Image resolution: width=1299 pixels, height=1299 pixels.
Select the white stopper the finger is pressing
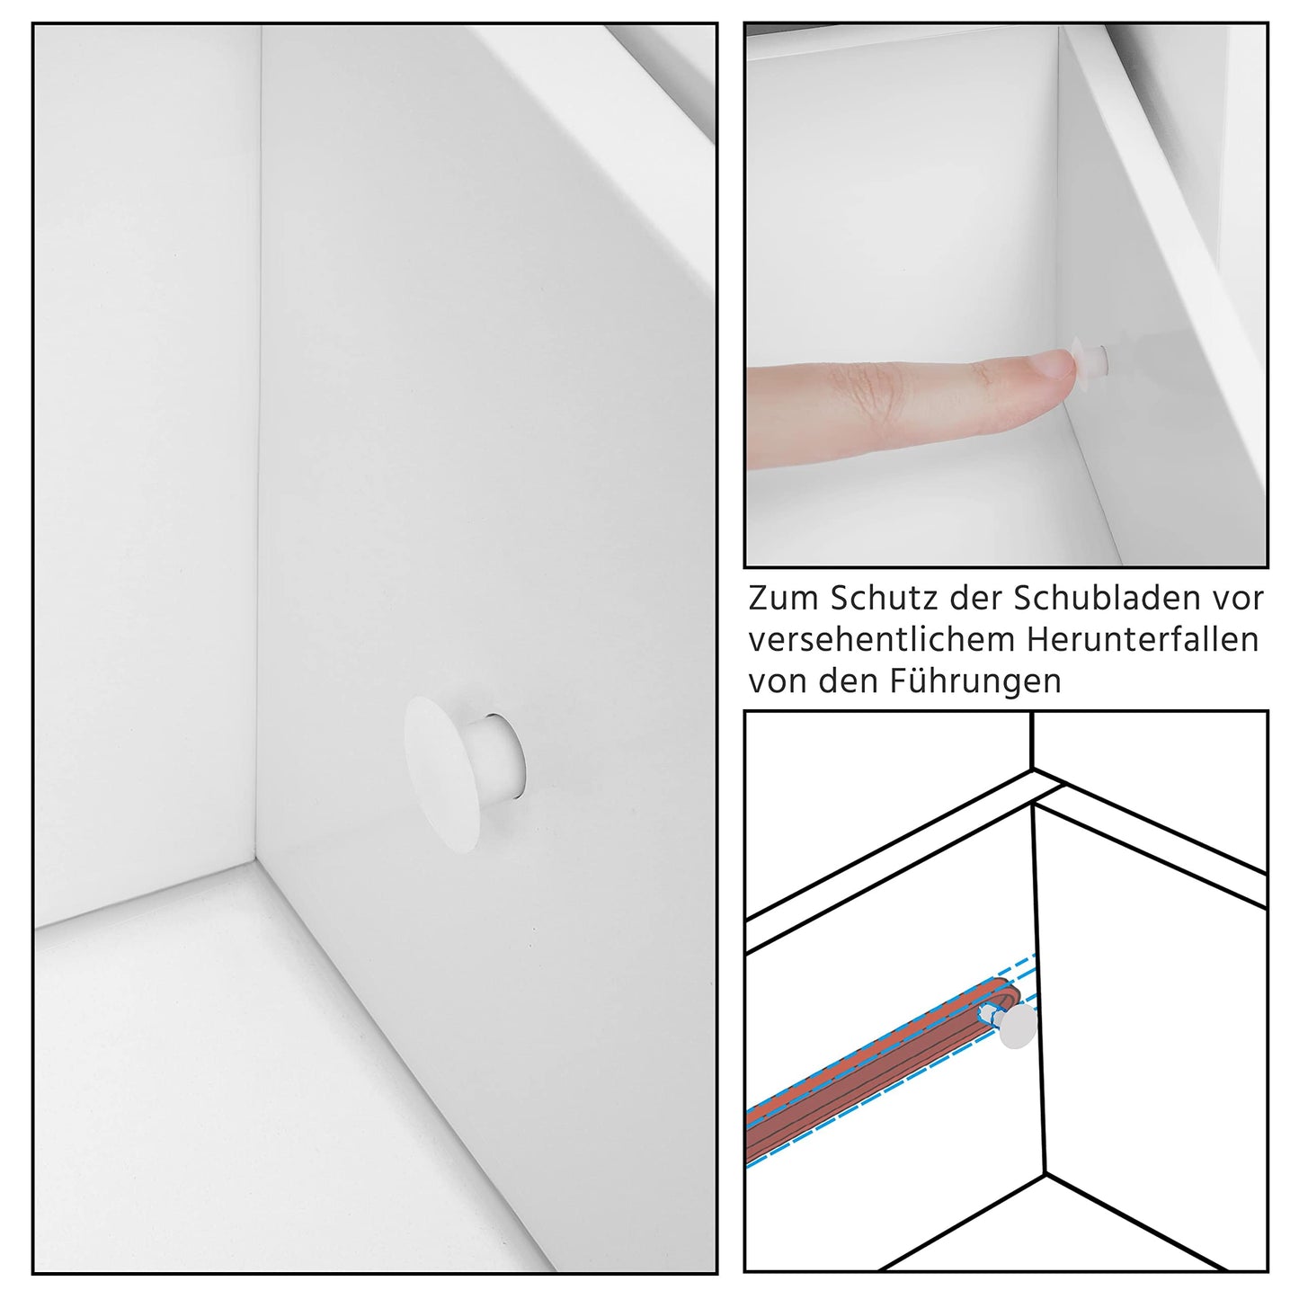tap(1090, 359)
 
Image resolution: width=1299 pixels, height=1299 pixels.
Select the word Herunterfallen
tap(1143, 640)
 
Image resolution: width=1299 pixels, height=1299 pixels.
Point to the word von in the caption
tap(778, 681)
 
